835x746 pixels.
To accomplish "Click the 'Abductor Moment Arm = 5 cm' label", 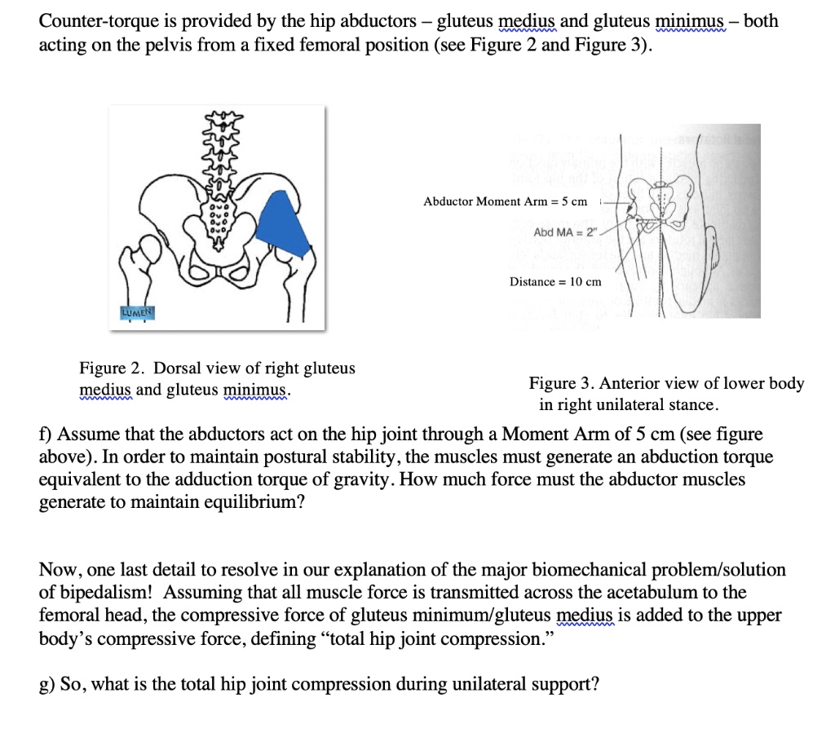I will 505,201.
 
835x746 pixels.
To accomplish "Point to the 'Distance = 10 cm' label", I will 555,282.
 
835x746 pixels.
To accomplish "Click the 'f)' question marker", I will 46,434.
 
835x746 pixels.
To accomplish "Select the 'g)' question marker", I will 47,683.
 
